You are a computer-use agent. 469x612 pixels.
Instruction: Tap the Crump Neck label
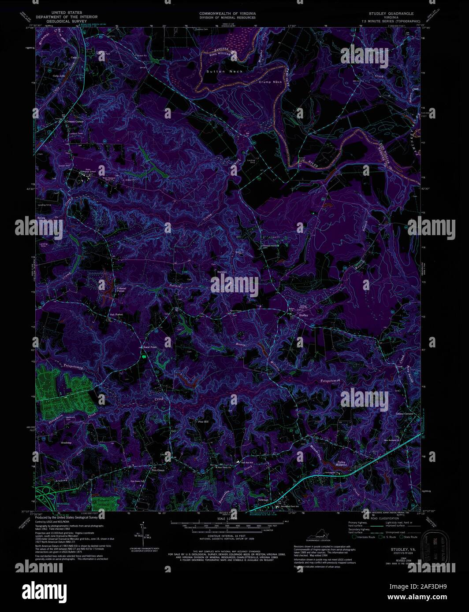pyautogui.click(x=270, y=82)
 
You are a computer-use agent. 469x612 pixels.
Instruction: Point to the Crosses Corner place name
pyautogui.click(x=74, y=121)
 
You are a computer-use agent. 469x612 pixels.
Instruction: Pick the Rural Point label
pyautogui.click(x=149, y=347)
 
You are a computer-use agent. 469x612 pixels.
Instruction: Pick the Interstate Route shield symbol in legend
pyautogui.click(x=355, y=537)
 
